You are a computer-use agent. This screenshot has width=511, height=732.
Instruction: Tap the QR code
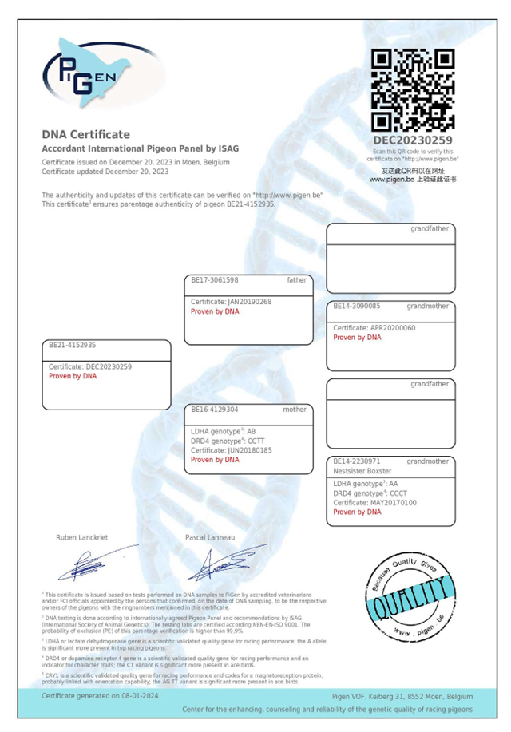[x=413, y=89]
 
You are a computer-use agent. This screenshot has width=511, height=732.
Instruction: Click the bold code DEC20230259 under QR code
[x=413, y=141]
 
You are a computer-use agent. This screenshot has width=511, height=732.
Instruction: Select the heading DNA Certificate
[x=85, y=134]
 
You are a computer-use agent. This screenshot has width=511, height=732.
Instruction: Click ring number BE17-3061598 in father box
[x=215, y=280]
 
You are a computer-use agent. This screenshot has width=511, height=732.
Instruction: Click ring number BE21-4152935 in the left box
[x=72, y=346]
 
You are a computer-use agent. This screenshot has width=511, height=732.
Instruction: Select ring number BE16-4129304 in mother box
[x=215, y=410]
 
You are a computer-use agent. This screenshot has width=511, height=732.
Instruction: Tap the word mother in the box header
[x=295, y=410]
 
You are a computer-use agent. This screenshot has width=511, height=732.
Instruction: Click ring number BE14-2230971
[x=357, y=461]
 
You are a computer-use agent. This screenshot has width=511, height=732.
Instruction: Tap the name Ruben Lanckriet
[x=84, y=537]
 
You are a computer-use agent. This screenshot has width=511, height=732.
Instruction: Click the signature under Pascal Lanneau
[x=232, y=563]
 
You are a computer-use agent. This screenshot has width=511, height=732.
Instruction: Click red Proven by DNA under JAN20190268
[x=215, y=311]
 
